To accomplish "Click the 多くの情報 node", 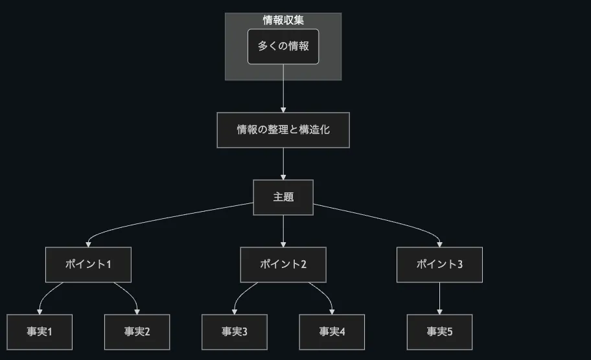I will point(283,47).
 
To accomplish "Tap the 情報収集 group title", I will point(283,20).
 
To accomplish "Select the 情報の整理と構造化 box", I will point(283,129).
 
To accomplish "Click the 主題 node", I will point(283,197).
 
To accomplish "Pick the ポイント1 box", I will point(88,264).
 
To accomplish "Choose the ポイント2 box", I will point(283,264).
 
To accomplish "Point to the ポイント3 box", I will point(439,264).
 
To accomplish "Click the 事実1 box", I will point(40,332).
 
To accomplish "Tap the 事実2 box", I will point(137,332).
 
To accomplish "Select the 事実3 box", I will point(235,332).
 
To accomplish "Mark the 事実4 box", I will point(332,332).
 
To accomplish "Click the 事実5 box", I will point(439,332).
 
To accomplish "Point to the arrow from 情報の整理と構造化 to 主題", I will point(283,163).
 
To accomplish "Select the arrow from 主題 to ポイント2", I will point(283,231).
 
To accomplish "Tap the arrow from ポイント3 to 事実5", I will point(439,298).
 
